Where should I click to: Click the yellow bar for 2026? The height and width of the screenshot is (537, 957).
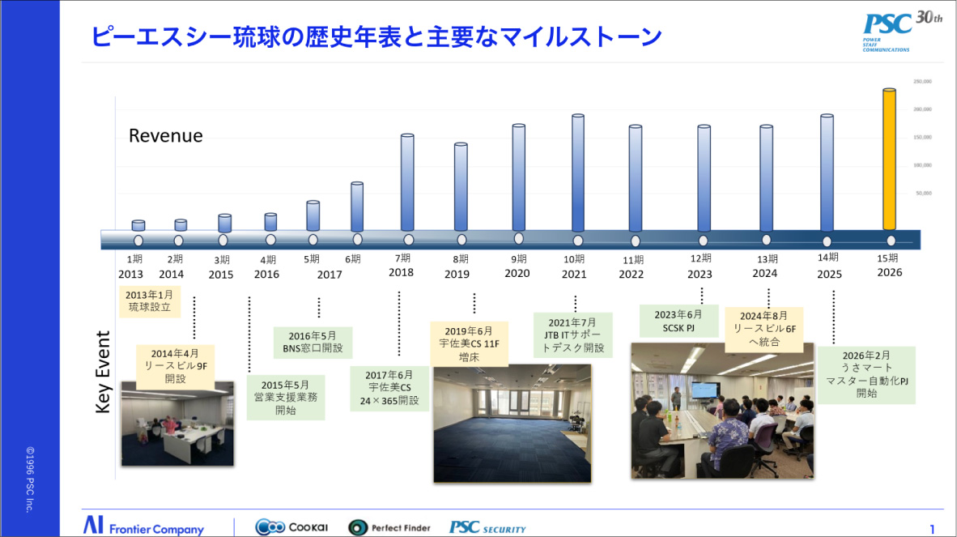pos(889,160)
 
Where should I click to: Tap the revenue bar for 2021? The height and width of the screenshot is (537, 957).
pos(577,173)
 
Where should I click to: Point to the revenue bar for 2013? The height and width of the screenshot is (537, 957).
pos(138,226)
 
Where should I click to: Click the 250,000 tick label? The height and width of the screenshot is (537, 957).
pos(922,81)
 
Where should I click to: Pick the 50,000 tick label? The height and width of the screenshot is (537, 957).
pos(924,193)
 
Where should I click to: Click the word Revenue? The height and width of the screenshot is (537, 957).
pos(166,136)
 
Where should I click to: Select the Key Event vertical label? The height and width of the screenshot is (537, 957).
pos(103,372)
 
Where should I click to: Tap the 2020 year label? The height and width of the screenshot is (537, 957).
pos(517,273)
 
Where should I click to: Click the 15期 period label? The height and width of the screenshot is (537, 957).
pos(888,258)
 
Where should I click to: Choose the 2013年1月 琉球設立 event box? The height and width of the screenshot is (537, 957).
pos(150,301)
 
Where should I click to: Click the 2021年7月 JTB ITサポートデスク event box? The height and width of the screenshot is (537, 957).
pos(573,335)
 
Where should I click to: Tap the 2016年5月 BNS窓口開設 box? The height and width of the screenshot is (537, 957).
pos(313,342)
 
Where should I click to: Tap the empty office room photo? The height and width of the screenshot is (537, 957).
pos(512,424)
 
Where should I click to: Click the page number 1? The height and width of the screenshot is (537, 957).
pos(932,530)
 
